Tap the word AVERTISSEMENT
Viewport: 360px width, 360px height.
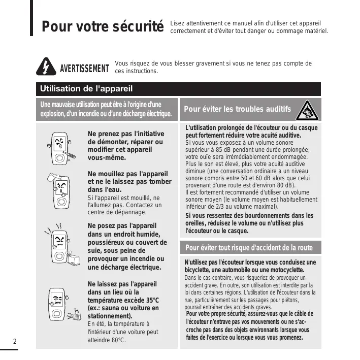[84, 69]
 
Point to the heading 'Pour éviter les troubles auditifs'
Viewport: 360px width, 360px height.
[237, 109]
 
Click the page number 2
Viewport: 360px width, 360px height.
[15, 341]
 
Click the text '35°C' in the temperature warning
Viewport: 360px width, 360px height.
[149, 300]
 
